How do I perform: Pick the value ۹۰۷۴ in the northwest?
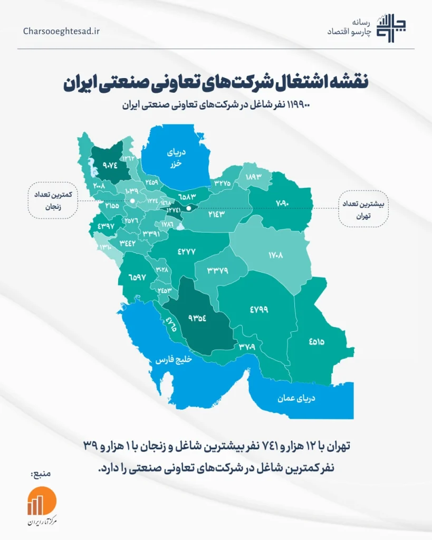click(110, 165)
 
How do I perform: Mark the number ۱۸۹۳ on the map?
click(253, 178)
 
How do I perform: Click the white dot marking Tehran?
click(188, 208)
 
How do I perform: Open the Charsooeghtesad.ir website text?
click(62, 31)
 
